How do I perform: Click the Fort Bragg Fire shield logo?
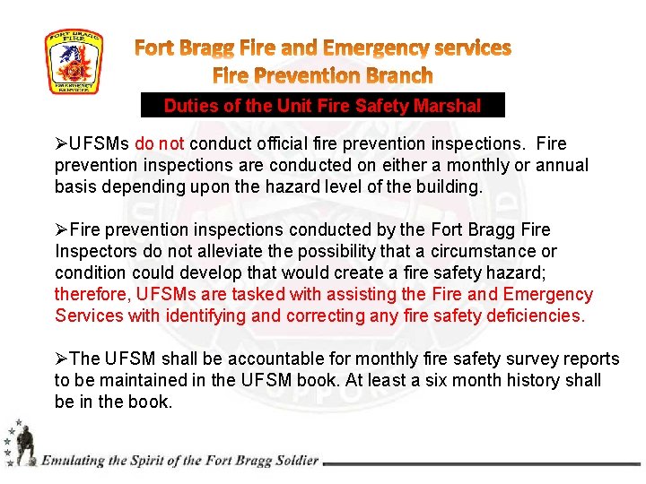74,62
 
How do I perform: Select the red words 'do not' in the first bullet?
160,144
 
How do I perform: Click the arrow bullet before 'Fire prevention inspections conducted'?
61,230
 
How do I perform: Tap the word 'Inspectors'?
95,252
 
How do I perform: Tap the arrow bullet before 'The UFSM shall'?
61,359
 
